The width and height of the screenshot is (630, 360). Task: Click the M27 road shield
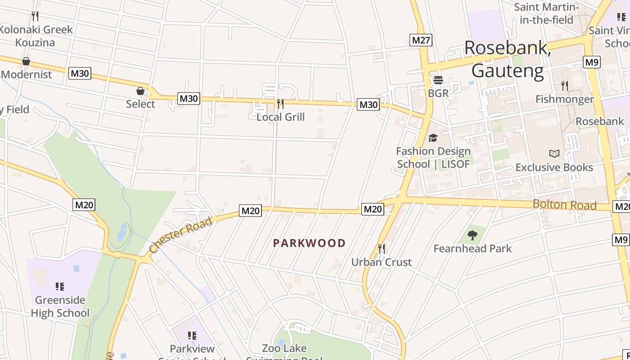(x=421, y=40)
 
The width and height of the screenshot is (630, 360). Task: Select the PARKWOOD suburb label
(x=309, y=243)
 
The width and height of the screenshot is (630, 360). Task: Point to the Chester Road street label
(x=180, y=235)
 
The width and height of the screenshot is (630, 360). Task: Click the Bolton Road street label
(x=564, y=205)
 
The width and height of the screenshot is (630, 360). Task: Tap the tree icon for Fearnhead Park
(x=472, y=234)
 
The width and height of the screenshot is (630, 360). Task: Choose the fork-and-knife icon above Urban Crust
(x=381, y=248)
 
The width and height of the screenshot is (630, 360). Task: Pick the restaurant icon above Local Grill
(x=280, y=104)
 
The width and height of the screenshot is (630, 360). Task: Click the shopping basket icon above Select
(x=140, y=91)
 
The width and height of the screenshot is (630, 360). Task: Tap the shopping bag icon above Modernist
(x=26, y=61)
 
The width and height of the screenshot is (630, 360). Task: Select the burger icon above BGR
(x=438, y=80)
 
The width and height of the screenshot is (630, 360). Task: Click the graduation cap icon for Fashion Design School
(x=433, y=138)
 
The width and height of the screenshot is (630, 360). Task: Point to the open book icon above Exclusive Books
(x=554, y=154)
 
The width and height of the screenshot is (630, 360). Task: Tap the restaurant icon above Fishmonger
(x=564, y=85)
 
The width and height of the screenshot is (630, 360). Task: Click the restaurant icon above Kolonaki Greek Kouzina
(x=35, y=16)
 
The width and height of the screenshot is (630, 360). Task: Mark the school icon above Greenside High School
(x=59, y=287)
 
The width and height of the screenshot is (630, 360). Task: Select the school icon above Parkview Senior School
(x=192, y=335)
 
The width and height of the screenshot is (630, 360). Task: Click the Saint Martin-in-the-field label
(x=546, y=13)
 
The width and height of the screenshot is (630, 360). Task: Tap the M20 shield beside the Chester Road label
(x=251, y=211)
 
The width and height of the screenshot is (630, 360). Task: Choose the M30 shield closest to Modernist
(x=80, y=73)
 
